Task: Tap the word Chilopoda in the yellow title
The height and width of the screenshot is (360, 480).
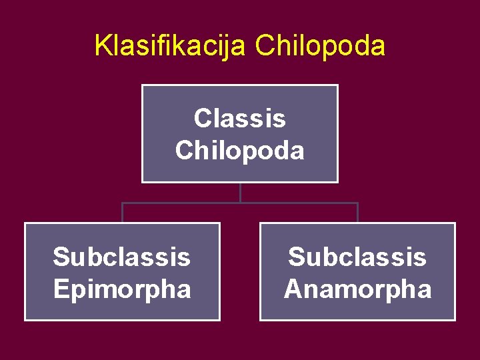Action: click(320, 45)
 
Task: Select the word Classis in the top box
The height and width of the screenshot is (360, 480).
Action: click(239, 119)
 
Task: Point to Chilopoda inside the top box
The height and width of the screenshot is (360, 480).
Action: click(239, 150)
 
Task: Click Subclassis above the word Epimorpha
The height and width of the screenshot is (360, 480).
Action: click(121, 257)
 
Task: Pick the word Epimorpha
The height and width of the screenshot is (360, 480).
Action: click(121, 289)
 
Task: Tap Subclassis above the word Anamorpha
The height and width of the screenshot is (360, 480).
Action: click(357, 257)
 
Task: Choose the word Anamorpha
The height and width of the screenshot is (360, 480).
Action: click(357, 289)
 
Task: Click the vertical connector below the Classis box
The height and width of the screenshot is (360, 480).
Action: click(240, 192)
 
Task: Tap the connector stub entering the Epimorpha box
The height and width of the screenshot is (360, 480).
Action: click(122, 213)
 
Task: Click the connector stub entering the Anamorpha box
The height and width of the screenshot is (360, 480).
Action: click(357, 213)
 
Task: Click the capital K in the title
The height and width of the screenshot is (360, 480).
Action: click(102, 45)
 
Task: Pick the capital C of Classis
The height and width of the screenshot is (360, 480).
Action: click(202, 119)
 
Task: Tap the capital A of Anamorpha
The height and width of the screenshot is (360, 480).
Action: click(294, 289)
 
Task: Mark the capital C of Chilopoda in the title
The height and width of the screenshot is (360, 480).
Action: click(264, 45)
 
